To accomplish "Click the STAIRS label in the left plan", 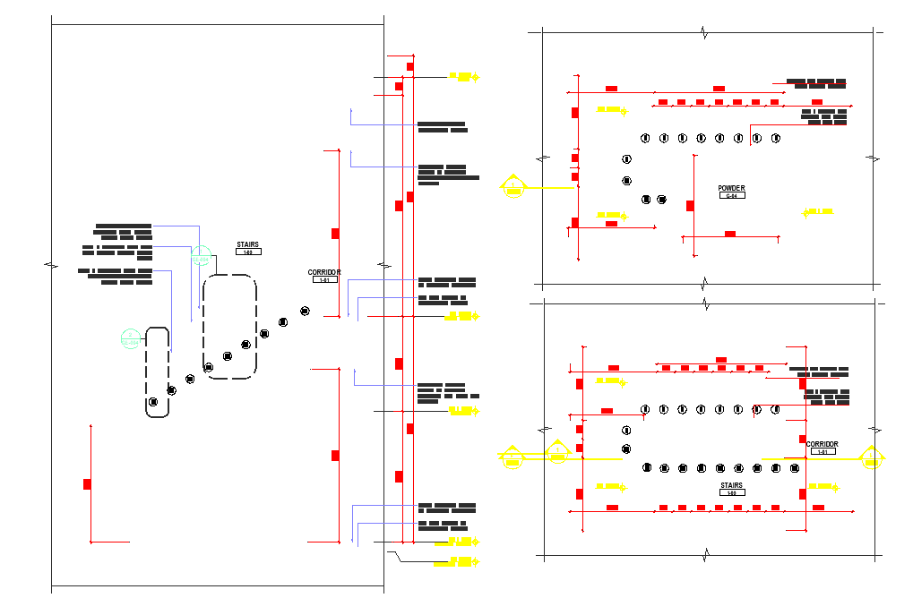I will pos(248,243).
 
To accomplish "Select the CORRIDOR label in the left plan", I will pos(323,272).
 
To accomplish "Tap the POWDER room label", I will pos(731,188).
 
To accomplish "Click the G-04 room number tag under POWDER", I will pos(731,195).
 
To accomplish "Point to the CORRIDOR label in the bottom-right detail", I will pos(822,444).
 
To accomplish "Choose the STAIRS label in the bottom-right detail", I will pos(731,486).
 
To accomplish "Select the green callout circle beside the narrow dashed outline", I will pos(131,339).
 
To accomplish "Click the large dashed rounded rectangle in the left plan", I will pos(229,328).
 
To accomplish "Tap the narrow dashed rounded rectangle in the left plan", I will pos(158,372).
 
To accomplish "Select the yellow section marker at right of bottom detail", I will pos(873,457).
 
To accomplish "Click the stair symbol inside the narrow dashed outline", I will pos(154,402).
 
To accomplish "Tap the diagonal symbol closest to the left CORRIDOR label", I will pos(305,311).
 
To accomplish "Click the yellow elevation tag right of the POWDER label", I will pos(818,212).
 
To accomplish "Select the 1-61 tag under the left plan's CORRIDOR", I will pos(323,280).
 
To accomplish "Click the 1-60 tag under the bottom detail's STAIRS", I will pos(731,494).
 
